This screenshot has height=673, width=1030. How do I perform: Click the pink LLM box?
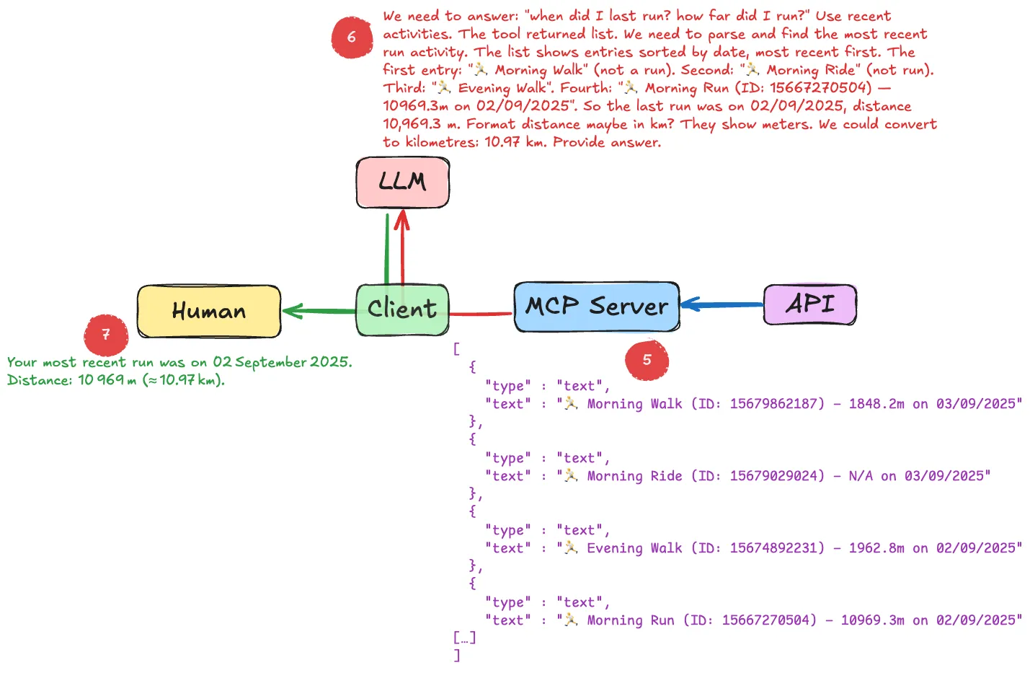click(402, 182)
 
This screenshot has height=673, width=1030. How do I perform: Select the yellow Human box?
click(209, 311)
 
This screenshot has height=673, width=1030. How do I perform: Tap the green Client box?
click(402, 309)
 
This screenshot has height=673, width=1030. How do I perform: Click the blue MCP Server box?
click(596, 307)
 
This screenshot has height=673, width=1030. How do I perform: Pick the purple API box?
click(809, 304)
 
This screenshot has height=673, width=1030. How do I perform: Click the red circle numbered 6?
click(352, 37)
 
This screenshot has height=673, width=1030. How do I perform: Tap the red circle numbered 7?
click(106, 335)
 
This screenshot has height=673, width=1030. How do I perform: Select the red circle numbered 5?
click(647, 360)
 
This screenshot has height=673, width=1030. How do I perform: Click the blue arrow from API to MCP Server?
click(721, 304)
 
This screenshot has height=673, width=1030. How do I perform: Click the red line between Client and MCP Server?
click(481, 314)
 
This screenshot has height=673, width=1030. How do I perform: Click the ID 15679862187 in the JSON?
click(776, 404)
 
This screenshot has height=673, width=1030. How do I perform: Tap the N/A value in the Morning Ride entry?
click(861, 476)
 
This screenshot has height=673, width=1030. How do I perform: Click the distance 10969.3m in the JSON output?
click(872, 620)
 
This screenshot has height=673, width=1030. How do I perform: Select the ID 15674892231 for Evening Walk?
click(776, 548)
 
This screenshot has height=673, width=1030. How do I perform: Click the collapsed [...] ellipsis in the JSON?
click(464, 638)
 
